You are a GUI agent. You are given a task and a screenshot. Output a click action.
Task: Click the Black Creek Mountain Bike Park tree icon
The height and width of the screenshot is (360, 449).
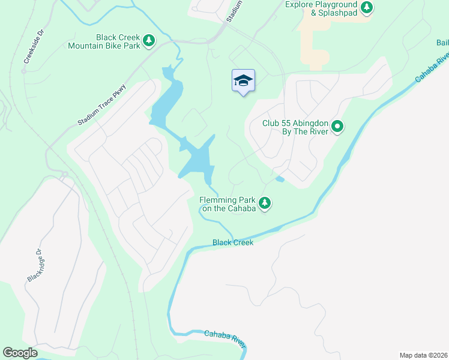coord(149,41)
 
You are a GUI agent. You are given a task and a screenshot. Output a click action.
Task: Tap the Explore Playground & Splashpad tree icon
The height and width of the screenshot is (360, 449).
coord(367,8)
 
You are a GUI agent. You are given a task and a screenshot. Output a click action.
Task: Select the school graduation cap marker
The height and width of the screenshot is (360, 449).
coord(243,80)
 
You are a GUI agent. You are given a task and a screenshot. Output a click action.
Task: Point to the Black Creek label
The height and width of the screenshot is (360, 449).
coord(233,242)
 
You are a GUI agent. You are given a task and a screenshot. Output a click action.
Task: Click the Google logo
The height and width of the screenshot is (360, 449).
coord(20,353)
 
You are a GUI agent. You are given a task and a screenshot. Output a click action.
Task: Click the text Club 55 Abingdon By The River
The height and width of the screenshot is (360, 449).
coord(295,127)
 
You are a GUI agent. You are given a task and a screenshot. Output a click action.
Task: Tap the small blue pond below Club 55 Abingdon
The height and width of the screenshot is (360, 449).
coord(279,179)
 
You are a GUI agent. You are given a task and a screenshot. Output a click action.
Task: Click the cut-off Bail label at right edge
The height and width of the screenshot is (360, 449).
coord(442,42)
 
